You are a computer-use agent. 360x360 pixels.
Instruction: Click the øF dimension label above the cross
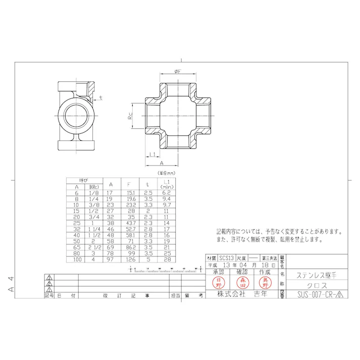coord(178,72)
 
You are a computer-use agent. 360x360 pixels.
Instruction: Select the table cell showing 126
coord(130,259)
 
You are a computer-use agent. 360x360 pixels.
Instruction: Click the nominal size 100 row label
coord(77,259)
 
